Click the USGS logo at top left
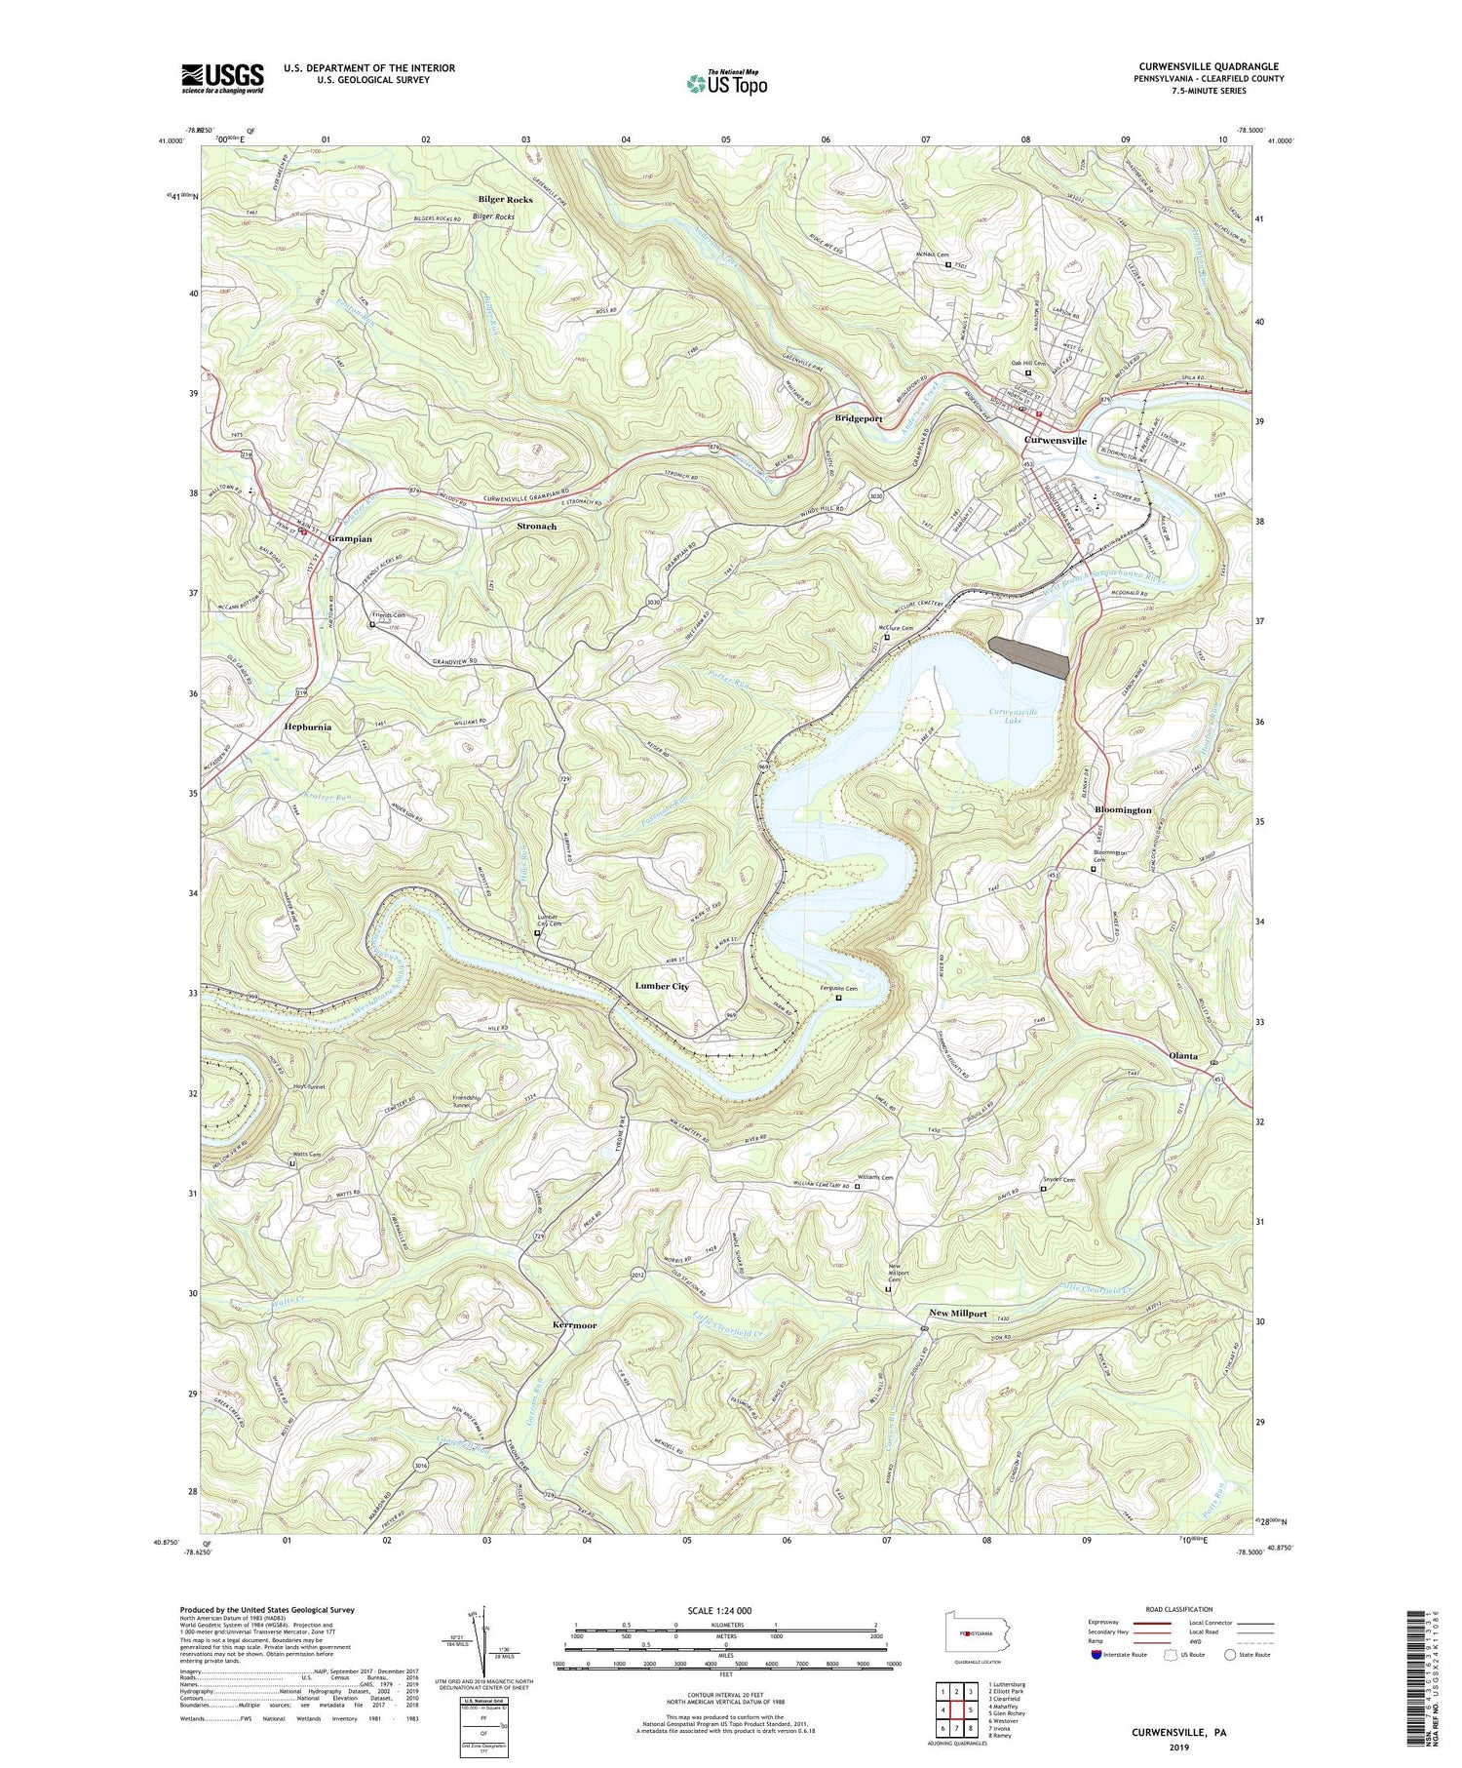222,78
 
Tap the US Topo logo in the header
727,83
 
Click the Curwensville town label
1055,441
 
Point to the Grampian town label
352,538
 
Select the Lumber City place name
662,986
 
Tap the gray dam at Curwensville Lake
1029,656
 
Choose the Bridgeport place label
858,418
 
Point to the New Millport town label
957,1314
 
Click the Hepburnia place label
308,727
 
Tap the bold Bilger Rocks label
505,199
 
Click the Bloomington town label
1123,810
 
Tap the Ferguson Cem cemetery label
838,989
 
